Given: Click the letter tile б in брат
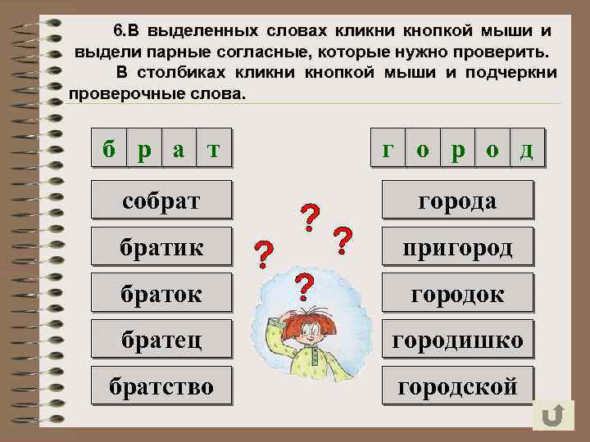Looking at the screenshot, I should [x=109, y=148].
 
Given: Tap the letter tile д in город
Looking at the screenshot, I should [x=527, y=148].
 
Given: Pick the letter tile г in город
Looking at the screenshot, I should [x=388, y=148].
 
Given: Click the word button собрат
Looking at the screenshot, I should [x=161, y=200].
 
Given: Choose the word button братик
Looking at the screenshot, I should [x=161, y=246].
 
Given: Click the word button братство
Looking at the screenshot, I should [x=161, y=386].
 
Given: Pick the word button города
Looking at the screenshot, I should [x=457, y=200].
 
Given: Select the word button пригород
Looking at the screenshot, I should [x=457, y=246].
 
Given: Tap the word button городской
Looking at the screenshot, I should [x=457, y=386].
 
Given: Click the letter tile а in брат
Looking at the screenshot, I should [x=179, y=148].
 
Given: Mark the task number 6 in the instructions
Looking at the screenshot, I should [x=117, y=31].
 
